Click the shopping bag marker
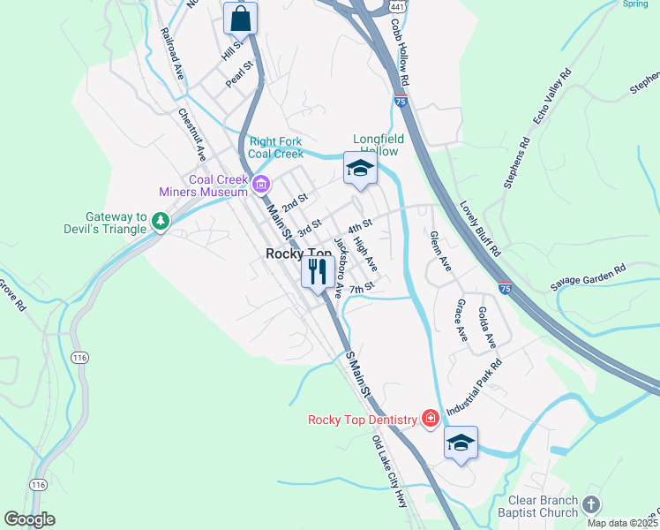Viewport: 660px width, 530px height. (240, 18)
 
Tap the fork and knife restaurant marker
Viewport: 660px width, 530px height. (318, 271)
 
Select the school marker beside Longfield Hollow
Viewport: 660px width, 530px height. (360, 169)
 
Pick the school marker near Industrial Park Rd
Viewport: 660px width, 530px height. (461, 443)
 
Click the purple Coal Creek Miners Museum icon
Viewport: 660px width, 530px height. (260, 185)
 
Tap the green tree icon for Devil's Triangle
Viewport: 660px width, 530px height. (160, 221)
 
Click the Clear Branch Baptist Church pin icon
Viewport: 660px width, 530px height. (591, 503)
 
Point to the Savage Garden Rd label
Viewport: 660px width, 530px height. (588, 276)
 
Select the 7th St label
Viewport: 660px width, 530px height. (363, 288)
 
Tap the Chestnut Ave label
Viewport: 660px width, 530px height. (191, 134)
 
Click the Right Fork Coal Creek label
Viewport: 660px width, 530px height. (276, 147)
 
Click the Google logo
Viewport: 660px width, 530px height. (29, 519)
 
